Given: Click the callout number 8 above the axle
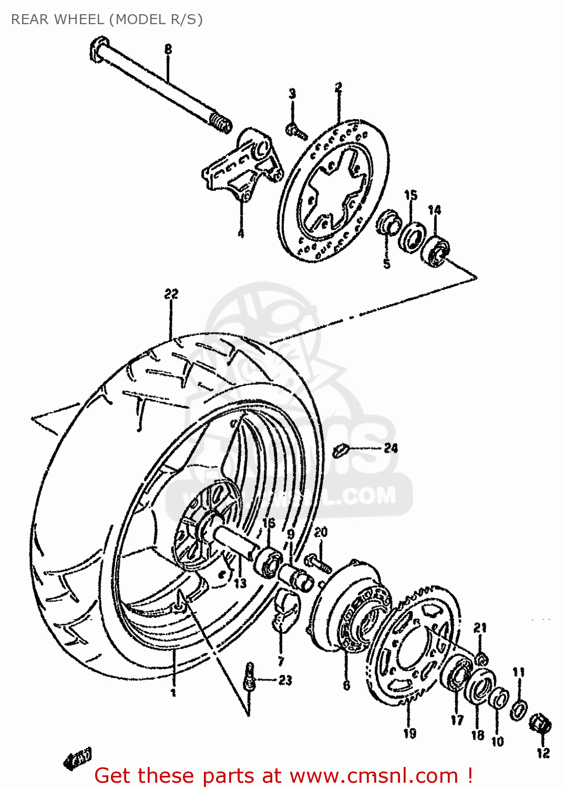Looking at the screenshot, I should coord(168,49).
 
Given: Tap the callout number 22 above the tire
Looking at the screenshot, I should coord(171,294).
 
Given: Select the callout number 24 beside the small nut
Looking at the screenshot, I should coord(391,448).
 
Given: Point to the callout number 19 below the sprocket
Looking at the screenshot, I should coord(409,733).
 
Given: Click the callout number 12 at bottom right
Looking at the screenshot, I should coord(543,753).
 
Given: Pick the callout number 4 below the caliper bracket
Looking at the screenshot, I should coord(241,233).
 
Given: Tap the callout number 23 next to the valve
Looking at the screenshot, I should coord(285,680).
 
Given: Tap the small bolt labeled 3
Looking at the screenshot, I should coord(296,131).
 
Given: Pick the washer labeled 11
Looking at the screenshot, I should coord(518,709).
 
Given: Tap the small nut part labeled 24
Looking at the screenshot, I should coord(341,450).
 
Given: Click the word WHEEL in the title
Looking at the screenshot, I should coord(79,19).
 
